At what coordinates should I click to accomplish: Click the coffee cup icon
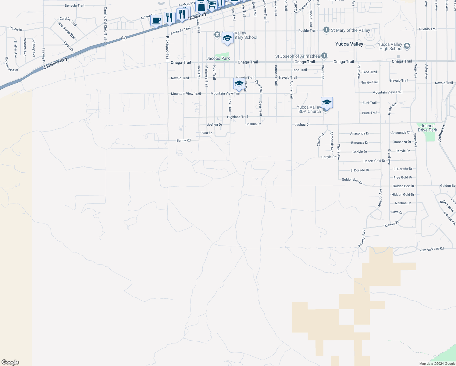[x=156, y=20]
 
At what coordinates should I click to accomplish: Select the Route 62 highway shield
[x=123, y=38]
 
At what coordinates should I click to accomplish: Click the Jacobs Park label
[x=218, y=58]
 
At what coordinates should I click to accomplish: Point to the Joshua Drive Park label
[x=427, y=128]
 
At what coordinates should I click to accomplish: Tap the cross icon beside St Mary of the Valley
[x=326, y=30]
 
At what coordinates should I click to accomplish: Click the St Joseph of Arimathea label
[x=297, y=56]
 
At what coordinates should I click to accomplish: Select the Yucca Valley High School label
[x=390, y=46]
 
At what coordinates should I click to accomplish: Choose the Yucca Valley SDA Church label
[x=309, y=109]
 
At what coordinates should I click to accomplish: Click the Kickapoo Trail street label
[x=167, y=49]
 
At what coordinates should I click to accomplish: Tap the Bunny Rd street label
[x=183, y=140]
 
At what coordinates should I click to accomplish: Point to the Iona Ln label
[x=207, y=133]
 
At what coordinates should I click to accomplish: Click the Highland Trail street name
[x=237, y=117]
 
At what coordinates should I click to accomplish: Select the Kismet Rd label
[x=392, y=224]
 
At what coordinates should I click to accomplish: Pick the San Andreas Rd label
[x=432, y=249]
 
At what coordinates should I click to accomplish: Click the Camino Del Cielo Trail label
[x=105, y=23]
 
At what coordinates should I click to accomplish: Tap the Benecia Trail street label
[x=75, y=5]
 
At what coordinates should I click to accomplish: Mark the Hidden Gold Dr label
[x=403, y=195]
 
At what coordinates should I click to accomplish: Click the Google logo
[x=10, y=362]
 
